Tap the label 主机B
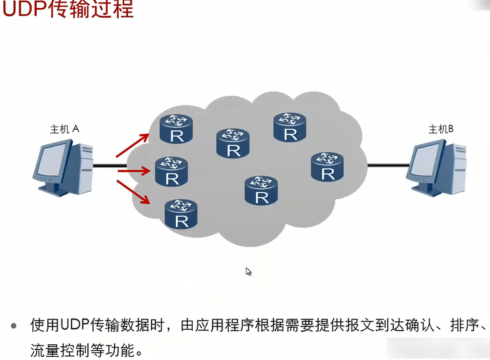(x=441, y=129)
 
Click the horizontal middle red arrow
(x=133, y=172)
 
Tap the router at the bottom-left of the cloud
(x=181, y=214)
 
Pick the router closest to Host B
(x=327, y=167)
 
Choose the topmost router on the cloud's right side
(x=289, y=127)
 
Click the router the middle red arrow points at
(x=171, y=172)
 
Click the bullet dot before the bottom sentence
(x=14, y=325)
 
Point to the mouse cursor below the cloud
(x=249, y=271)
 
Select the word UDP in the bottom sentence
(x=74, y=325)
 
